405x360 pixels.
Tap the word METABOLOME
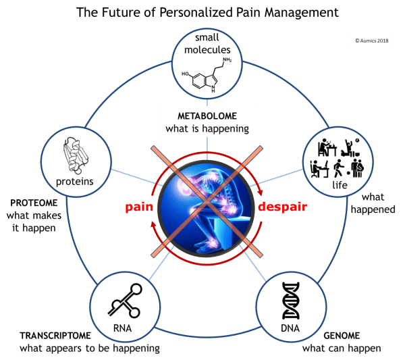click(x=207, y=115)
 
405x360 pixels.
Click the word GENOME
click(x=341, y=335)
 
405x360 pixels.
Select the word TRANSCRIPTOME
click(x=54, y=335)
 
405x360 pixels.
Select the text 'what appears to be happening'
click(x=89, y=349)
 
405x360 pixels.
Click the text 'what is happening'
click(x=207, y=128)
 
